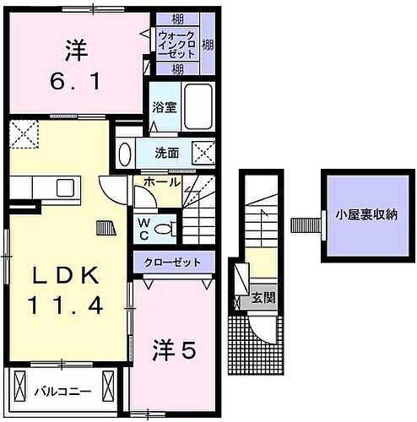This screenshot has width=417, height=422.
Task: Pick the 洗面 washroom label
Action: pos(167,153)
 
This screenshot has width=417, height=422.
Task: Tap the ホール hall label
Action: pos(160,182)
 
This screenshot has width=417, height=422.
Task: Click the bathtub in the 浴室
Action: pos(198,107)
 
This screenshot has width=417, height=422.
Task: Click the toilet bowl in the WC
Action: pos(168,226)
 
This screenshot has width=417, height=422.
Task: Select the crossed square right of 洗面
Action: pos(203,153)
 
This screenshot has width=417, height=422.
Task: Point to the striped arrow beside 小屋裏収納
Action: pos(303,225)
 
